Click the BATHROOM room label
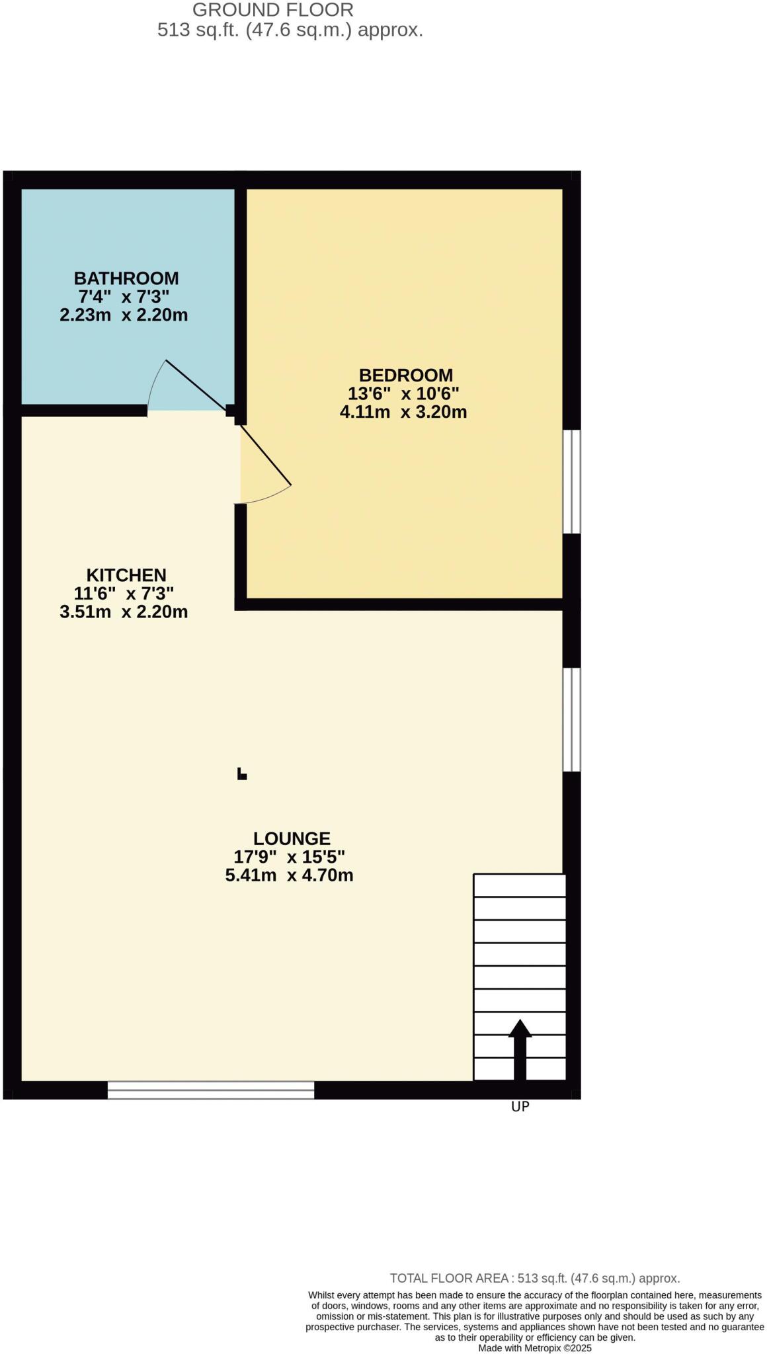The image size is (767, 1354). point(126,278)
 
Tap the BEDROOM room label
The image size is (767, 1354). point(405,375)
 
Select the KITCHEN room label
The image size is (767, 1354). point(126,575)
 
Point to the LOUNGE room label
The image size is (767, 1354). point(291,838)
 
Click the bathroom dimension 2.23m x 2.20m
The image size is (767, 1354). point(124,315)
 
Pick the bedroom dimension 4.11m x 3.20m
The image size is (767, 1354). point(403,412)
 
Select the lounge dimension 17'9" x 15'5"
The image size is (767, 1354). point(290,857)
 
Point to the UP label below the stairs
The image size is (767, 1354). point(520,1106)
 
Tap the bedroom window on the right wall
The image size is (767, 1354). point(571,481)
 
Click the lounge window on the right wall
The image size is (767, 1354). point(571,719)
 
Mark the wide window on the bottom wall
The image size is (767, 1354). point(210,1090)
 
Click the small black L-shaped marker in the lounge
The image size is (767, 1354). point(242,774)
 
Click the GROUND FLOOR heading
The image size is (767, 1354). point(272,10)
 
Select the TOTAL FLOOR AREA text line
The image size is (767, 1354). point(534,1278)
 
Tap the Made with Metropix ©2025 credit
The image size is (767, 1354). point(534,1347)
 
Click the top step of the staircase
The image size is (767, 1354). point(520,885)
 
